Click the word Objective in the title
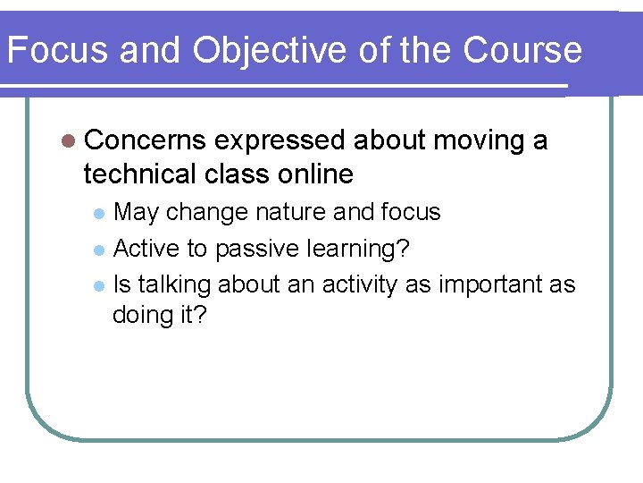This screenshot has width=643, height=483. (x=267, y=51)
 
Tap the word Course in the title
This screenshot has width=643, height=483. (x=522, y=51)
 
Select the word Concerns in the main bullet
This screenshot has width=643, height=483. (x=146, y=141)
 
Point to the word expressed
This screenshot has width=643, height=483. (x=280, y=141)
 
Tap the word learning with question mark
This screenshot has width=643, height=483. (x=359, y=249)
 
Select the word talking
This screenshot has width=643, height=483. (x=174, y=284)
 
